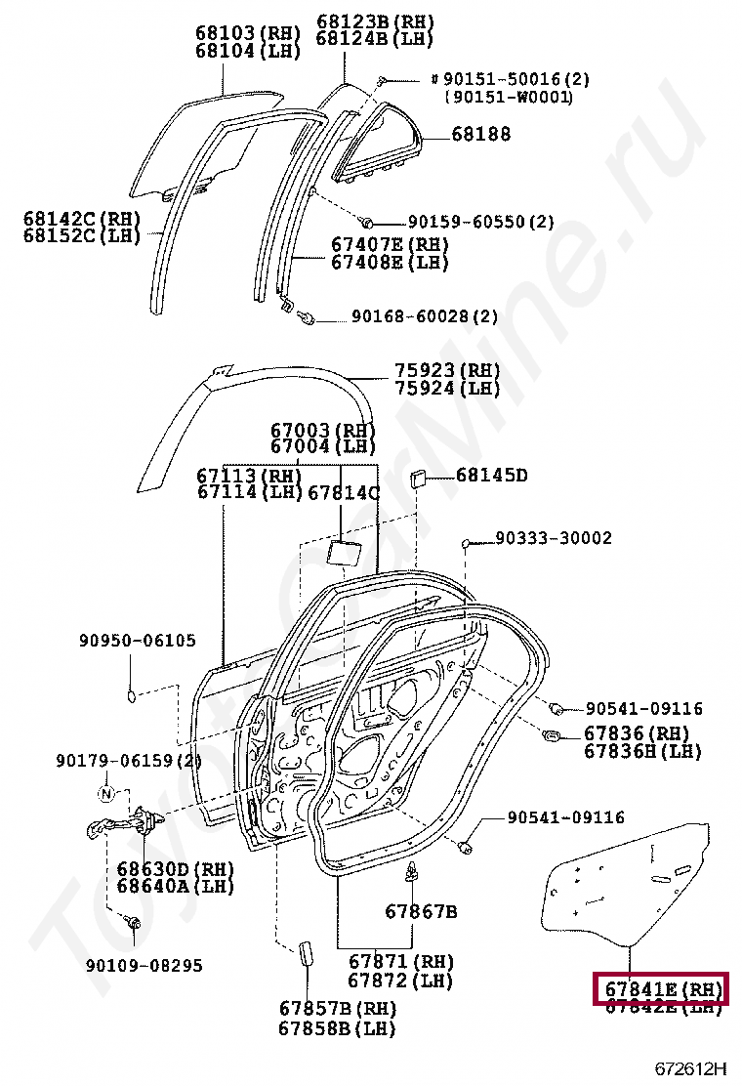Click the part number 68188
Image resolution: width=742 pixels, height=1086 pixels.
[480, 135]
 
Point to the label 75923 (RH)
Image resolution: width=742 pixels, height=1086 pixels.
[447, 371]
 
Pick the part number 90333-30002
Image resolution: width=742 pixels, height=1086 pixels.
[553, 538]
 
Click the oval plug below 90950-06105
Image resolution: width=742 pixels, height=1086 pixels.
[132, 695]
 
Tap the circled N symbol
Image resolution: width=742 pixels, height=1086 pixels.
[107, 791]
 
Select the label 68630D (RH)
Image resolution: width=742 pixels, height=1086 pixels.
[171, 868]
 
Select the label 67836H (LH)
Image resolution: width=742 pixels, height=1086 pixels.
[642, 751]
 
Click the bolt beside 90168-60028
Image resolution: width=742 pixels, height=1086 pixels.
[308, 316]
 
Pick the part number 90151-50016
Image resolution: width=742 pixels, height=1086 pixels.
[506, 79]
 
